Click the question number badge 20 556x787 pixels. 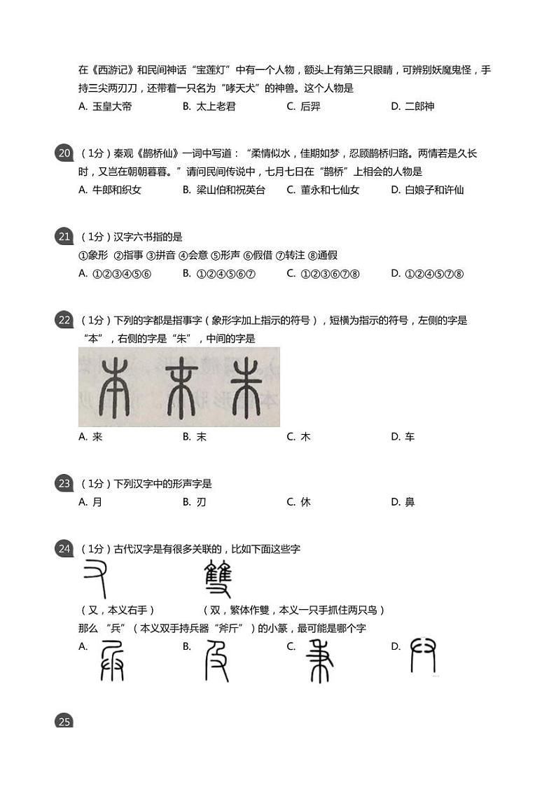(64, 153)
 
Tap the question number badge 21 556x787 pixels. (64, 237)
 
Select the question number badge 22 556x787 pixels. (64, 320)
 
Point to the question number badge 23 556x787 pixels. (64, 483)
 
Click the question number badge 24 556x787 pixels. (64, 549)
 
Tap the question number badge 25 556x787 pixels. (64, 721)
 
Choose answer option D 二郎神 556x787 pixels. (412, 106)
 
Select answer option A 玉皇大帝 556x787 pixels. (106, 106)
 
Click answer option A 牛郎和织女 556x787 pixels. (111, 190)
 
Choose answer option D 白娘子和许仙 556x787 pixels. (427, 190)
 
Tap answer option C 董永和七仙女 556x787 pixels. (323, 190)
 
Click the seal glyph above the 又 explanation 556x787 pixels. (95, 578)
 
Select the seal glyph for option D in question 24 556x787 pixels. (423, 656)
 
